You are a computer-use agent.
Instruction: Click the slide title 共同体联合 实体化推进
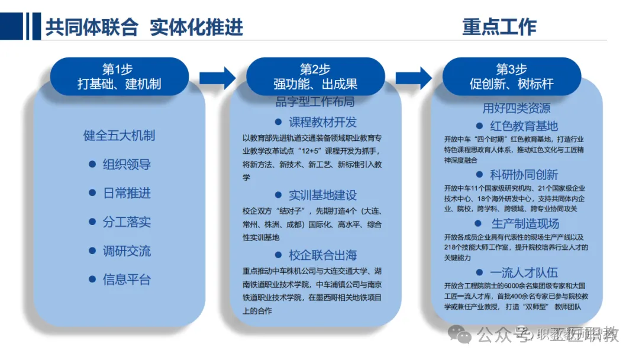click(x=144, y=27)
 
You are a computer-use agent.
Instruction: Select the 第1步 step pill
click(x=119, y=76)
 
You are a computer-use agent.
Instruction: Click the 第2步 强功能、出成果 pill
click(x=315, y=76)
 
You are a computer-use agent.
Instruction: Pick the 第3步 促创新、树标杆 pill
click(x=511, y=76)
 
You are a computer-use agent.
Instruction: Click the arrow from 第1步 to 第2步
click(x=217, y=78)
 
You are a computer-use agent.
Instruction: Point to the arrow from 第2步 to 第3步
click(x=413, y=78)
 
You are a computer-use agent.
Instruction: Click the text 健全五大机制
click(x=119, y=136)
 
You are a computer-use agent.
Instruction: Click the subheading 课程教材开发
click(x=322, y=123)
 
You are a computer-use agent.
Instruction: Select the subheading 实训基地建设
click(x=322, y=195)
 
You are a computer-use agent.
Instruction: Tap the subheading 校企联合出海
click(x=322, y=255)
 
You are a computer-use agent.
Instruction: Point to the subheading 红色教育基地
click(x=524, y=126)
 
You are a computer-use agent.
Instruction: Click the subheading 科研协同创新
click(x=524, y=175)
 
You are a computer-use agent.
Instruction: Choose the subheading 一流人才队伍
click(x=524, y=273)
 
